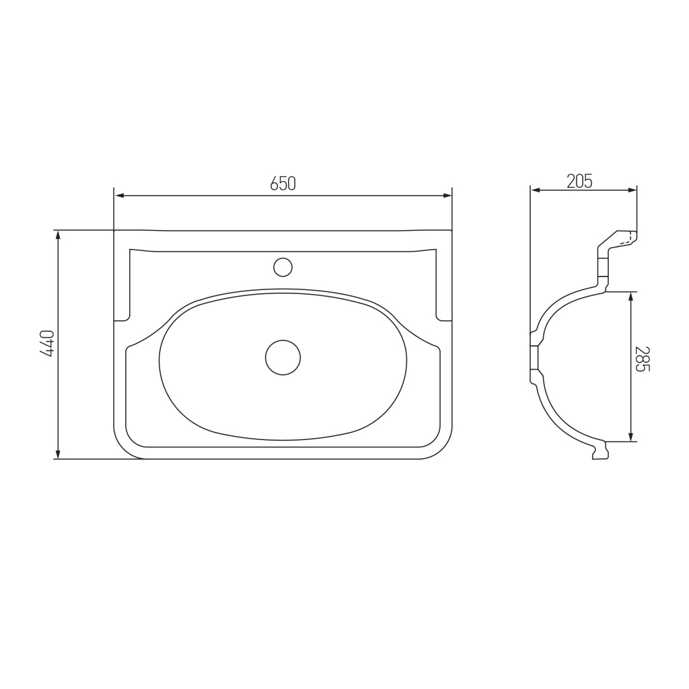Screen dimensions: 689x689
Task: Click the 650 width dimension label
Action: (x=283, y=183)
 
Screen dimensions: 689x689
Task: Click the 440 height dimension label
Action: (x=46, y=344)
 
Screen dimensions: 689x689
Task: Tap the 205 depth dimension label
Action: (x=579, y=181)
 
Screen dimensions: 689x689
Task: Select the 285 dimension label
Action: (x=642, y=359)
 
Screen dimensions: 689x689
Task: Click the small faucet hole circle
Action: (x=283, y=267)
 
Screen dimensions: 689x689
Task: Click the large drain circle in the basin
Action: (x=283, y=358)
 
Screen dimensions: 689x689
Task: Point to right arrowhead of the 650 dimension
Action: (x=447, y=196)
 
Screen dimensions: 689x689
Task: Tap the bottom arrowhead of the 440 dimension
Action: (x=58, y=454)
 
